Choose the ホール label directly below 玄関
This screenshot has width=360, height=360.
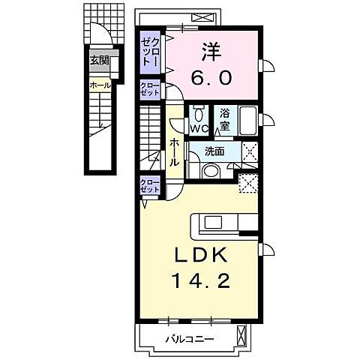pos(100,85)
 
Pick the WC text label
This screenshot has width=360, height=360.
pos(198,128)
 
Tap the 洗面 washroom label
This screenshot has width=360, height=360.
pos(216,151)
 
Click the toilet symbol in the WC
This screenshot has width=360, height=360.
pos(198,114)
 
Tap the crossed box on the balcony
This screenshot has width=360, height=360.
pos(241,335)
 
